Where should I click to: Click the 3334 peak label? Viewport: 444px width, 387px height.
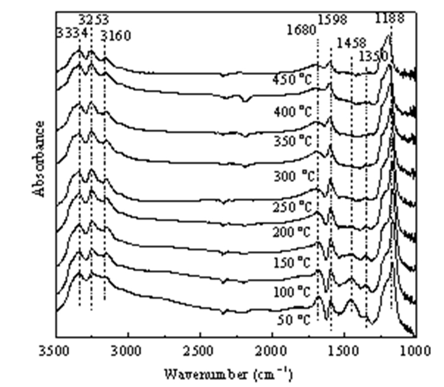pos(72,33)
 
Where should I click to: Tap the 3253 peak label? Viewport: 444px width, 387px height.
pos(94,20)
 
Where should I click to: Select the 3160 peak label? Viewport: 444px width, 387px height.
pos(117,36)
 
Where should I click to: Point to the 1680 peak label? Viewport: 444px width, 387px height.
pos(301,30)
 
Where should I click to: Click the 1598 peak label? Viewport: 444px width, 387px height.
pos(333,19)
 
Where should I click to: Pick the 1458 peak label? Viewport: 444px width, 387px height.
pos(352,43)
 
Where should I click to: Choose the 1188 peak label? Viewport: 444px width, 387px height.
pos(390,18)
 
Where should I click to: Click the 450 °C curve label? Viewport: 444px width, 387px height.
pos(292,80)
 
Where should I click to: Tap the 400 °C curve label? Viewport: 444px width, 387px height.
pos(292,112)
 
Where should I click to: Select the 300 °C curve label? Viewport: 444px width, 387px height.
pos(294,177)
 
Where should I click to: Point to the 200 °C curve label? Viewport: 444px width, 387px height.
pos(292,232)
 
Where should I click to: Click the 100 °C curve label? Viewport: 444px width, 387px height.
pos(292,292)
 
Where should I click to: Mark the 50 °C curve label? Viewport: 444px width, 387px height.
pos(294,320)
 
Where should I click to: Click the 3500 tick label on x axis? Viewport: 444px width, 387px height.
pos(54,351)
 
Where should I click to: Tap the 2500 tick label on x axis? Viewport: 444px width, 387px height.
pos(201,351)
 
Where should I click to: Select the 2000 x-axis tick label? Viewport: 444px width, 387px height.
pos(273,351)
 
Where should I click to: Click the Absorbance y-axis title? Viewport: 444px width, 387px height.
pos(38,159)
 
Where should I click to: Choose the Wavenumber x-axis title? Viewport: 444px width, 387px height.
pos(229,374)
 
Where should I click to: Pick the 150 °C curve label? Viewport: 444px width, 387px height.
pos(292,263)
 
